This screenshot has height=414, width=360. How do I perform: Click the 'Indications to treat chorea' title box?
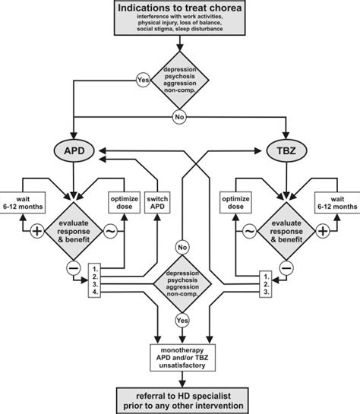click(181, 21)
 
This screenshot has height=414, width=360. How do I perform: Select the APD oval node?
click(73, 150)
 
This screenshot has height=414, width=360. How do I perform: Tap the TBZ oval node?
click(288, 150)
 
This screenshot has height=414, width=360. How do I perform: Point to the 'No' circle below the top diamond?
click(181, 118)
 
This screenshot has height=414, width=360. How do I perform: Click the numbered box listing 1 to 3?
click(266, 282)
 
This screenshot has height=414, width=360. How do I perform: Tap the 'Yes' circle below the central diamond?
click(181, 321)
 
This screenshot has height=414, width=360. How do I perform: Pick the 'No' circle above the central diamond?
click(181, 247)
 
